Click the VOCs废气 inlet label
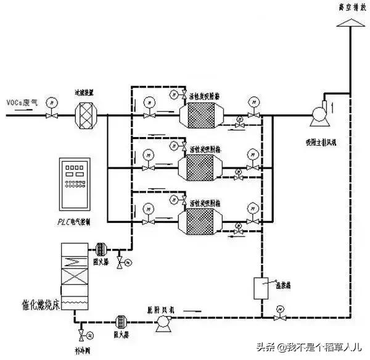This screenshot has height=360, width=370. pyautogui.click(x=22, y=101)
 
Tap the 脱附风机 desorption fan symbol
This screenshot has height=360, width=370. pyautogui.click(x=164, y=320)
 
